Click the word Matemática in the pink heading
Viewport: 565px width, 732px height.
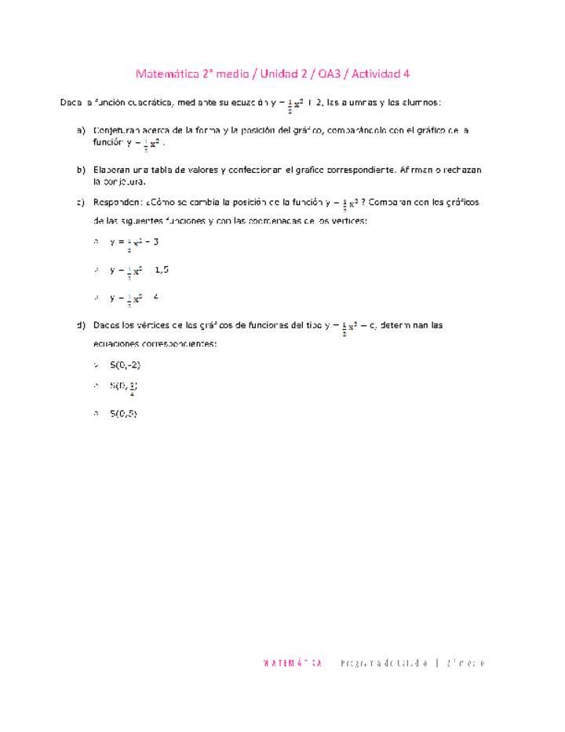coord(165,75)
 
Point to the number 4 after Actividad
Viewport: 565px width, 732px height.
coord(406,75)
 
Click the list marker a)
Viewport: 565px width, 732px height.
coord(81,130)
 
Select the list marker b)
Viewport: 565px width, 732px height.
coord(81,170)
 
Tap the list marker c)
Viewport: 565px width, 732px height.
coord(81,203)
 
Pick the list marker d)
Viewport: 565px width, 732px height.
coord(81,325)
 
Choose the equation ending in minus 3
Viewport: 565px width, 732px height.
coord(134,243)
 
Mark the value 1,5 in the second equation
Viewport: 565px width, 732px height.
coord(162,270)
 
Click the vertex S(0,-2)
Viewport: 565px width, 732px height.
coord(126,365)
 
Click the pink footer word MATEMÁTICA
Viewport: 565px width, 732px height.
coord(293,664)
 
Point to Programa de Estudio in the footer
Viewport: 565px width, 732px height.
coord(385,664)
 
